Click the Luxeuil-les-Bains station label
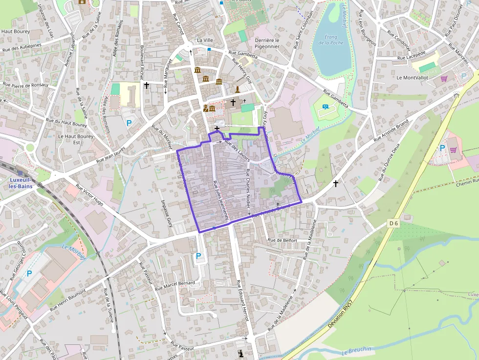[20, 183]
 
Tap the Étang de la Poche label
[331, 39]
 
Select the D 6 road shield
[394, 223]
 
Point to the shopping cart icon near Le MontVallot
[444, 78]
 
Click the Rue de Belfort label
[283, 240]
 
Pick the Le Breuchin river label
[356, 350]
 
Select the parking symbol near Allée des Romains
[129, 123]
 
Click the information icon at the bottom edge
[240, 353]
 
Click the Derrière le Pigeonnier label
[267, 43]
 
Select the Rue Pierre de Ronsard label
[26, 85]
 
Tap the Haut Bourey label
[16, 31]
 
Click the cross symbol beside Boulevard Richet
[146, 85]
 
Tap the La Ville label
[205, 40]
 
